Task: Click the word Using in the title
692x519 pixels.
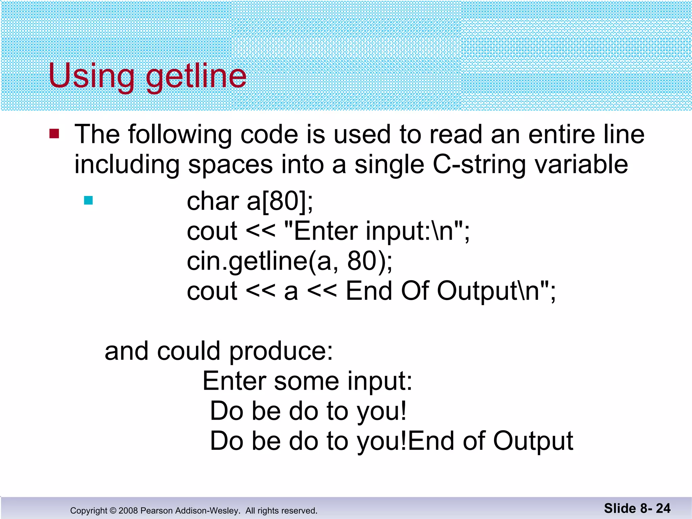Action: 91,76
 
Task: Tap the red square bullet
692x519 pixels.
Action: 54,134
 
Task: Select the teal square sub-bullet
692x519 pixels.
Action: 88,200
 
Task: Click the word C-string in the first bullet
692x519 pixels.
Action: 479,165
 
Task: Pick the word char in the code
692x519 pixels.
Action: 213,201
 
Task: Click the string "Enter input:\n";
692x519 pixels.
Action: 377,231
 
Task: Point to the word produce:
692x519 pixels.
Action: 281,351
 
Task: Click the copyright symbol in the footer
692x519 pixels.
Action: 113,511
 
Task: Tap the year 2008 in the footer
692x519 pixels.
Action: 128,511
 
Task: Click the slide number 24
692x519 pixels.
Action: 663,509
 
